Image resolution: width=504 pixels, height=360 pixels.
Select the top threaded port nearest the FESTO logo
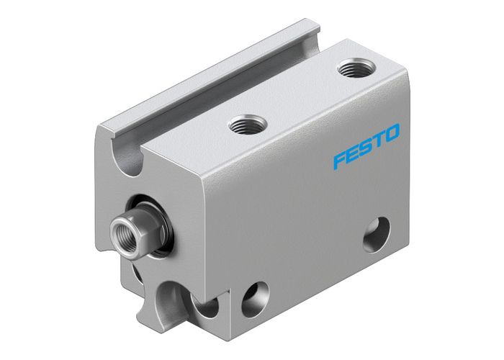[x=354, y=69]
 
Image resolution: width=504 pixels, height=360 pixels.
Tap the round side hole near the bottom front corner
[x=256, y=299]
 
